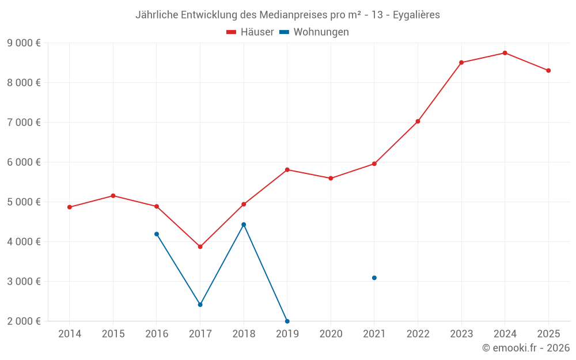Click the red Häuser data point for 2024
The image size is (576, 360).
(505, 53)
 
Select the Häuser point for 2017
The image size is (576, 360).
(200, 247)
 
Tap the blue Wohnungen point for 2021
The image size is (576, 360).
(374, 278)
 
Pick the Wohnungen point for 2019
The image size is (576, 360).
(287, 321)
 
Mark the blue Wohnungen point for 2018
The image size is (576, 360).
(244, 225)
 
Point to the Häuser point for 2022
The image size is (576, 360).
(418, 122)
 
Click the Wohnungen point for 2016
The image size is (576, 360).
(157, 234)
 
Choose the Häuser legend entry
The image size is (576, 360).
(250, 32)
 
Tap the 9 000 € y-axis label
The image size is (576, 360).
(24, 43)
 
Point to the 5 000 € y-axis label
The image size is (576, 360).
(24, 202)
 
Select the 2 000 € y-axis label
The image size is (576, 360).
(24, 321)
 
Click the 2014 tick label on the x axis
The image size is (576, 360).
(70, 334)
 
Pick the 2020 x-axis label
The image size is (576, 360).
(331, 334)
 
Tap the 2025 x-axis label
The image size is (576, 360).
(548, 334)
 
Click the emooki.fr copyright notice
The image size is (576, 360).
(525, 348)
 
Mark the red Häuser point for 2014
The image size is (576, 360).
(70, 207)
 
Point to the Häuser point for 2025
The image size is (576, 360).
(548, 70)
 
